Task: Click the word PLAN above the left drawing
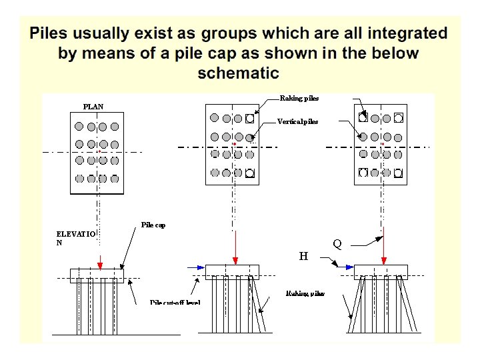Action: click(x=93, y=107)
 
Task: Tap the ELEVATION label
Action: click(x=76, y=238)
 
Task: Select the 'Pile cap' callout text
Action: click(x=153, y=225)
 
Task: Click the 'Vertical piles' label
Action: click(x=298, y=122)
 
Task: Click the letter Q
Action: click(x=337, y=245)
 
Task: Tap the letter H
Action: click(x=303, y=256)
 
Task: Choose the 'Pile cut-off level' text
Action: click(x=175, y=302)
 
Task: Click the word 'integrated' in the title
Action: click(x=406, y=33)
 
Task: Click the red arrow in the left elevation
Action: click(x=99, y=260)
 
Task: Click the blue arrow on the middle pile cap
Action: click(x=197, y=267)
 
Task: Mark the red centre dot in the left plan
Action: click(x=99, y=151)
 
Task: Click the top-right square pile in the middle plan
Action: click(x=250, y=119)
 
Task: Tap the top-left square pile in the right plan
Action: click(x=363, y=117)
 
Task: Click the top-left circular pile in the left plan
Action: click(x=79, y=126)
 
